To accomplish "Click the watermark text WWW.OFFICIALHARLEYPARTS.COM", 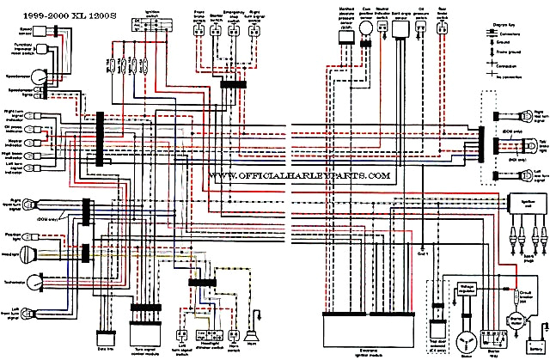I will pos(299,174).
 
